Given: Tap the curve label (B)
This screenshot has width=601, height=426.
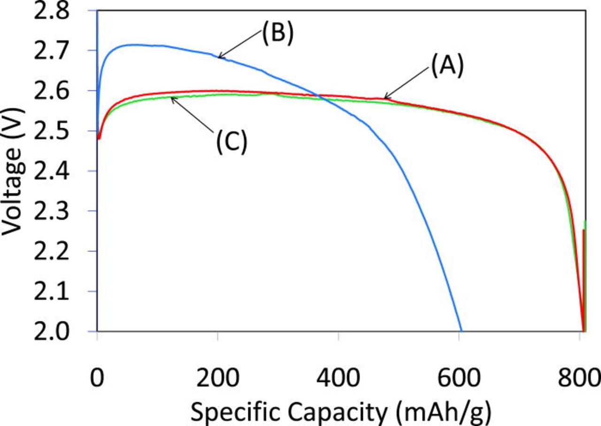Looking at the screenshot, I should click(x=277, y=35).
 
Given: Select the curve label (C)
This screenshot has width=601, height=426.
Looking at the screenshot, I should click(x=231, y=142).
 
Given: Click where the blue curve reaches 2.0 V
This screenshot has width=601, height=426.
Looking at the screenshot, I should click(x=462, y=331).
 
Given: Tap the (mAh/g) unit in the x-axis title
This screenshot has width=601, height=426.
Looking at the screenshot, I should click(x=444, y=413).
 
